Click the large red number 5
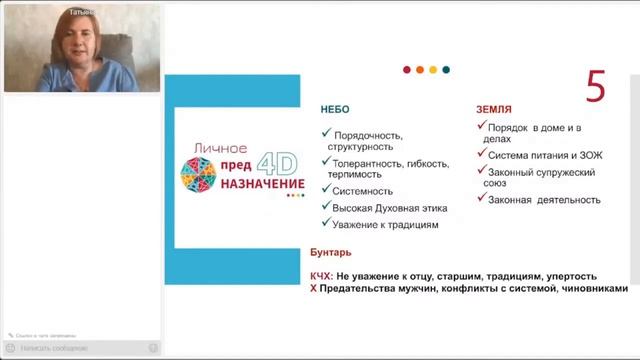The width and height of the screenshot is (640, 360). [x=596, y=88]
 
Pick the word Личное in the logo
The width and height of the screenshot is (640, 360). [x=212, y=148]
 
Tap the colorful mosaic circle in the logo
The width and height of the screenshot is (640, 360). [x=197, y=177]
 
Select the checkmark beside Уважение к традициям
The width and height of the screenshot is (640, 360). [x=326, y=225]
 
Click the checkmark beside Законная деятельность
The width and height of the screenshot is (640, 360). [x=481, y=199]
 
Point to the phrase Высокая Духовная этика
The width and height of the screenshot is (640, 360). [x=384, y=208]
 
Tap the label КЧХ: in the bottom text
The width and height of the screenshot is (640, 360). [x=323, y=276]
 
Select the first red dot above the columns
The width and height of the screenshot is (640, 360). [x=407, y=70]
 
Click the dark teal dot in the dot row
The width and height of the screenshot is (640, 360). [x=446, y=70]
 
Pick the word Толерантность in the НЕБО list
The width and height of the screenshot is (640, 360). [x=371, y=163]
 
